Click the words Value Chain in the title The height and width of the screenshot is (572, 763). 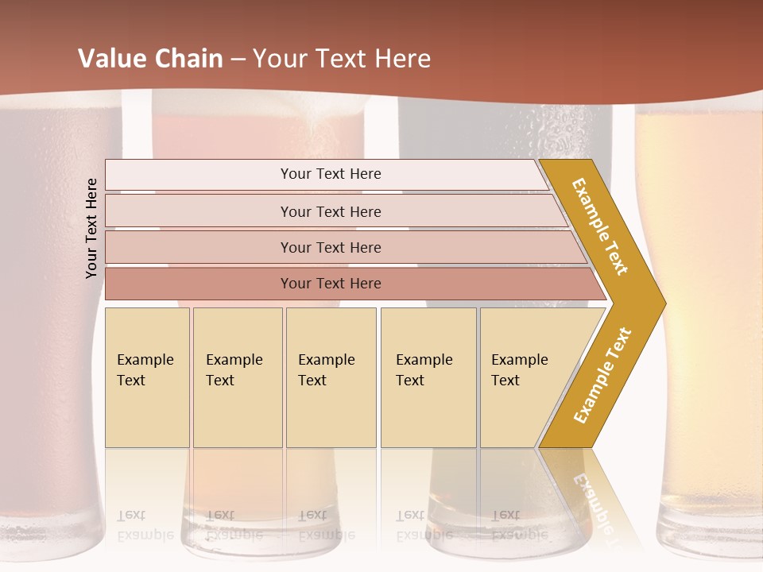tap(150, 58)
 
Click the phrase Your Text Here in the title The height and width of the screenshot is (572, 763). tap(342, 58)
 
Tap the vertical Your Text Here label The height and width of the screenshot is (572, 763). tap(92, 228)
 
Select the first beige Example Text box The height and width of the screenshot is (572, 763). tap(147, 377)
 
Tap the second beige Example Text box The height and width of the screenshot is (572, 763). tap(238, 377)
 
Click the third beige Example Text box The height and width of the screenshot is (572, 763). tap(331, 377)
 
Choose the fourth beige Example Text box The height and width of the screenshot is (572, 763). tap(428, 377)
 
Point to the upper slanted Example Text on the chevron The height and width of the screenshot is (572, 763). tap(600, 226)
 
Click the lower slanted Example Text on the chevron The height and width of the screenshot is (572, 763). tap(602, 375)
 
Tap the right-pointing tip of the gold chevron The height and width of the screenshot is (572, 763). tap(661, 303)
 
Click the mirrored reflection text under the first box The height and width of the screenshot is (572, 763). tap(145, 525)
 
